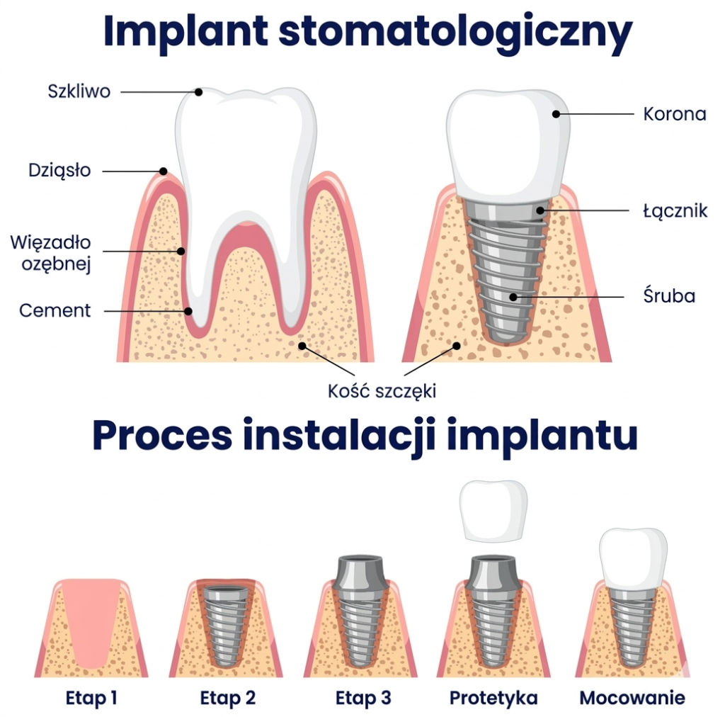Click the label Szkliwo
(79, 91)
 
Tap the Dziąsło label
(59, 170)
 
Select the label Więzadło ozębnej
(51, 253)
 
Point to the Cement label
(55, 310)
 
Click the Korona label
(675, 114)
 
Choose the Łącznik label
(675, 211)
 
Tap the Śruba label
(669, 295)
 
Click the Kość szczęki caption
(382, 391)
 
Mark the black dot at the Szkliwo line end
(198, 92)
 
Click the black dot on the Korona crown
(556, 114)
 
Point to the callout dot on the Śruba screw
(513, 297)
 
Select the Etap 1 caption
(91, 698)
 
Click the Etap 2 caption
(227, 698)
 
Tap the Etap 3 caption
(363, 698)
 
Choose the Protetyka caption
(493, 698)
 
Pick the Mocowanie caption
(632, 698)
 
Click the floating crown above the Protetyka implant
(493, 511)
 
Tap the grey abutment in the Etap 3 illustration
(360, 573)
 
